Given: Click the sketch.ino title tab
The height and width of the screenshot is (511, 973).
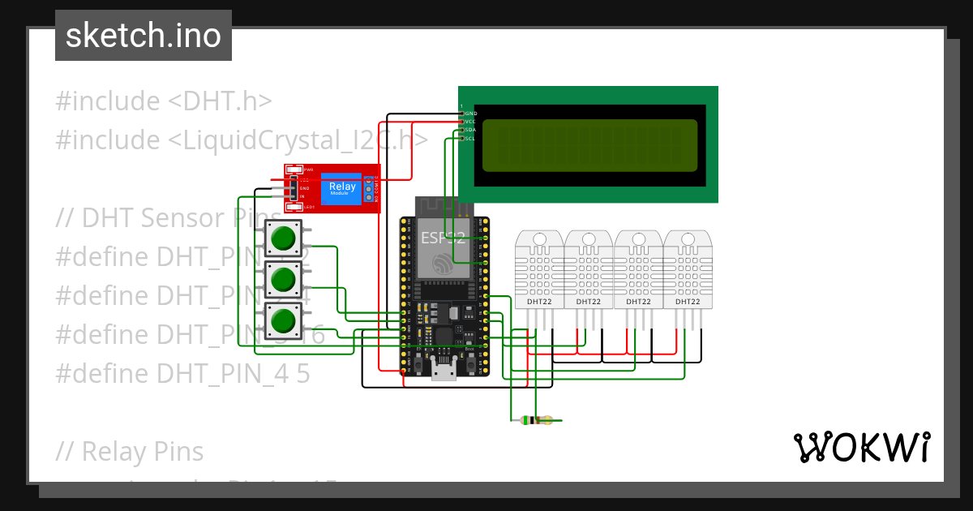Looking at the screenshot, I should click(x=143, y=36).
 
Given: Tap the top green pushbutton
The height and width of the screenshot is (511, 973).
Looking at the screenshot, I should click(x=283, y=238).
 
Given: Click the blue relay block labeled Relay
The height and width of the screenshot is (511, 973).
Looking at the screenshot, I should click(x=341, y=189).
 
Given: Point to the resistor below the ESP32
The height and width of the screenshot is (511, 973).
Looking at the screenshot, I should click(x=536, y=420).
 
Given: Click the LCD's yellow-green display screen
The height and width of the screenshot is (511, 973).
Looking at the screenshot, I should click(x=589, y=146).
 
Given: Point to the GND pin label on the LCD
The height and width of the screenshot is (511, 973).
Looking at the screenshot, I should click(x=470, y=114).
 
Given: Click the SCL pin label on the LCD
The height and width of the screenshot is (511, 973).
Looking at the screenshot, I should click(x=470, y=139).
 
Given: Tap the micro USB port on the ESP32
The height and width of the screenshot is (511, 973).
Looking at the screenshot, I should click(x=444, y=371).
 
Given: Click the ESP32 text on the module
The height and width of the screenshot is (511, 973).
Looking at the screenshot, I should click(x=443, y=238).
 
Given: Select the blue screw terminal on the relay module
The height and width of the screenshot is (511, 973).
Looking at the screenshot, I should click(x=369, y=191).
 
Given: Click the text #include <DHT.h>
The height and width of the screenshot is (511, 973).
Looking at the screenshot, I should click(x=163, y=101).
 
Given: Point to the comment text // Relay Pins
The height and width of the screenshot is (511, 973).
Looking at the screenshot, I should click(x=130, y=451).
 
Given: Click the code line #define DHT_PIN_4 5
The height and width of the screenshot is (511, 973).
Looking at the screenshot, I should click(x=182, y=373).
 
